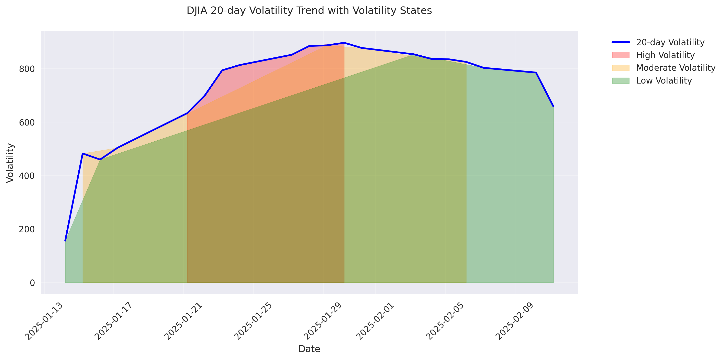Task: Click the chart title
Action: tap(309, 11)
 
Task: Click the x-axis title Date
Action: tap(309, 349)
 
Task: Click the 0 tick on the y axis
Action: tap(32, 283)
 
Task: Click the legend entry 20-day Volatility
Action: tap(670, 42)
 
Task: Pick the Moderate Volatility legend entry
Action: tap(676, 68)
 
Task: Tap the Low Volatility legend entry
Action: tap(664, 81)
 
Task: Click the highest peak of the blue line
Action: tap(344, 43)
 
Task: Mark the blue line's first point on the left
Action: tap(65, 241)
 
